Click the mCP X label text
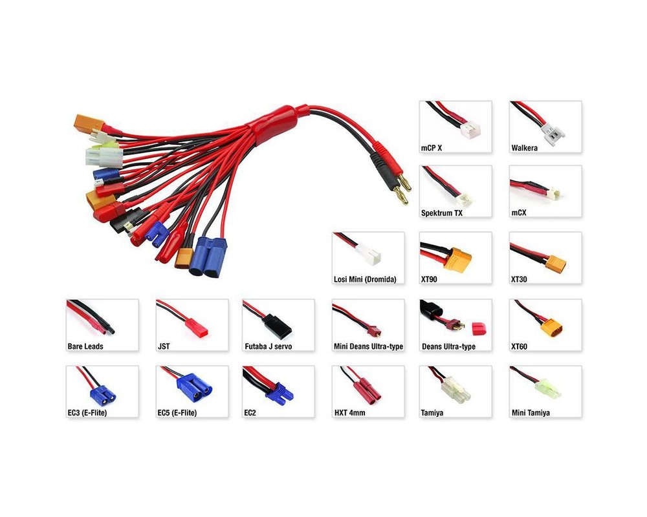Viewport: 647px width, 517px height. point(431,148)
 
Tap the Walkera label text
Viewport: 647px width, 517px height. point(524,148)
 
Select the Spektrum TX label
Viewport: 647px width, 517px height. point(441,213)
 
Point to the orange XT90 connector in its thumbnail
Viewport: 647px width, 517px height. point(460,260)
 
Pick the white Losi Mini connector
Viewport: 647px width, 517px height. point(368,253)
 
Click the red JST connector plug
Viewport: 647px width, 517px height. point(196,328)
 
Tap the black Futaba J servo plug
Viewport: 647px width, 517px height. point(277,326)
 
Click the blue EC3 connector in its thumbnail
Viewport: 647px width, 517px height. point(103,395)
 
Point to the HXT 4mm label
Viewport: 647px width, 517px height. point(349,413)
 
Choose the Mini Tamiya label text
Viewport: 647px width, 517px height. point(531,413)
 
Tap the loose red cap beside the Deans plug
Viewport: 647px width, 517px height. point(479,328)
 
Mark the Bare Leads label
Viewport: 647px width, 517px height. point(85,346)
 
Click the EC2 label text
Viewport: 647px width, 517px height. point(250,413)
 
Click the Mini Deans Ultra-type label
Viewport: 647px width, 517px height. point(369,346)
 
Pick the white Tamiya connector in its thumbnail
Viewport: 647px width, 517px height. point(456,390)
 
